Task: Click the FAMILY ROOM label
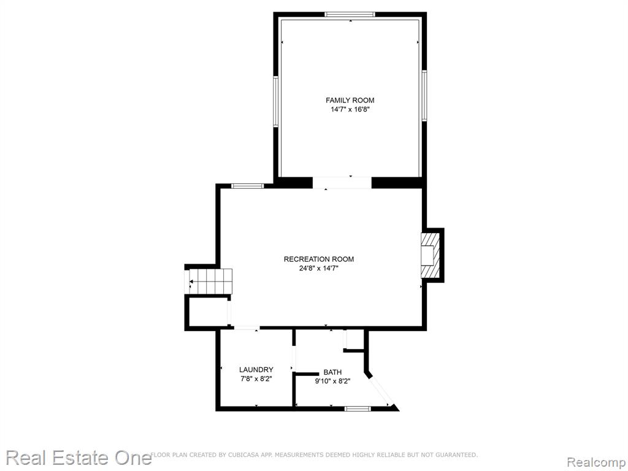click(x=350, y=100)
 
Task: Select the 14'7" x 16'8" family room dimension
click(x=350, y=109)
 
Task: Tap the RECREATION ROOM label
click(x=319, y=259)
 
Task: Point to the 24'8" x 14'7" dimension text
click(x=319, y=269)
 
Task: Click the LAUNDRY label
click(x=256, y=370)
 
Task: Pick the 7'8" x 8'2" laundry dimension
click(x=256, y=379)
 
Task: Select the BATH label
click(x=332, y=372)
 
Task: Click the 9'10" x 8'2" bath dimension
click(x=332, y=381)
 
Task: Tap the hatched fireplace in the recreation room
click(x=430, y=255)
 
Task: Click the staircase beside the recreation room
click(x=210, y=281)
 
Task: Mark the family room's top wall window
click(x=350, y=15)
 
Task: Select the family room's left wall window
click(x=275, y=102)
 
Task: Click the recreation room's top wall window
click(x=248, y=186)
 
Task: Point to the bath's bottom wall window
click(x=358, y=408)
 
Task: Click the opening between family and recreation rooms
click(x=342, y=183)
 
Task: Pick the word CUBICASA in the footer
click(x=244, y=454)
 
